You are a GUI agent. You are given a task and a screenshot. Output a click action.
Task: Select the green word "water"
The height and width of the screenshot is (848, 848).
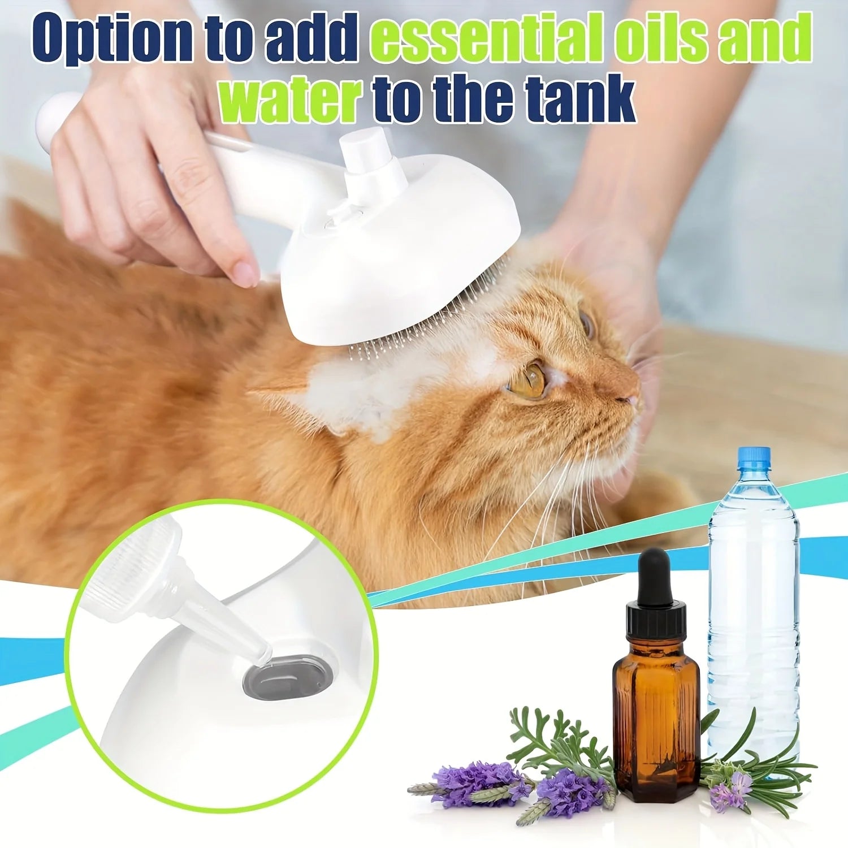tap(291, 101)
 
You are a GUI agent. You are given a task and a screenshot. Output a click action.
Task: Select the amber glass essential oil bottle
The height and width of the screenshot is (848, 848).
tap(656, 718)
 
